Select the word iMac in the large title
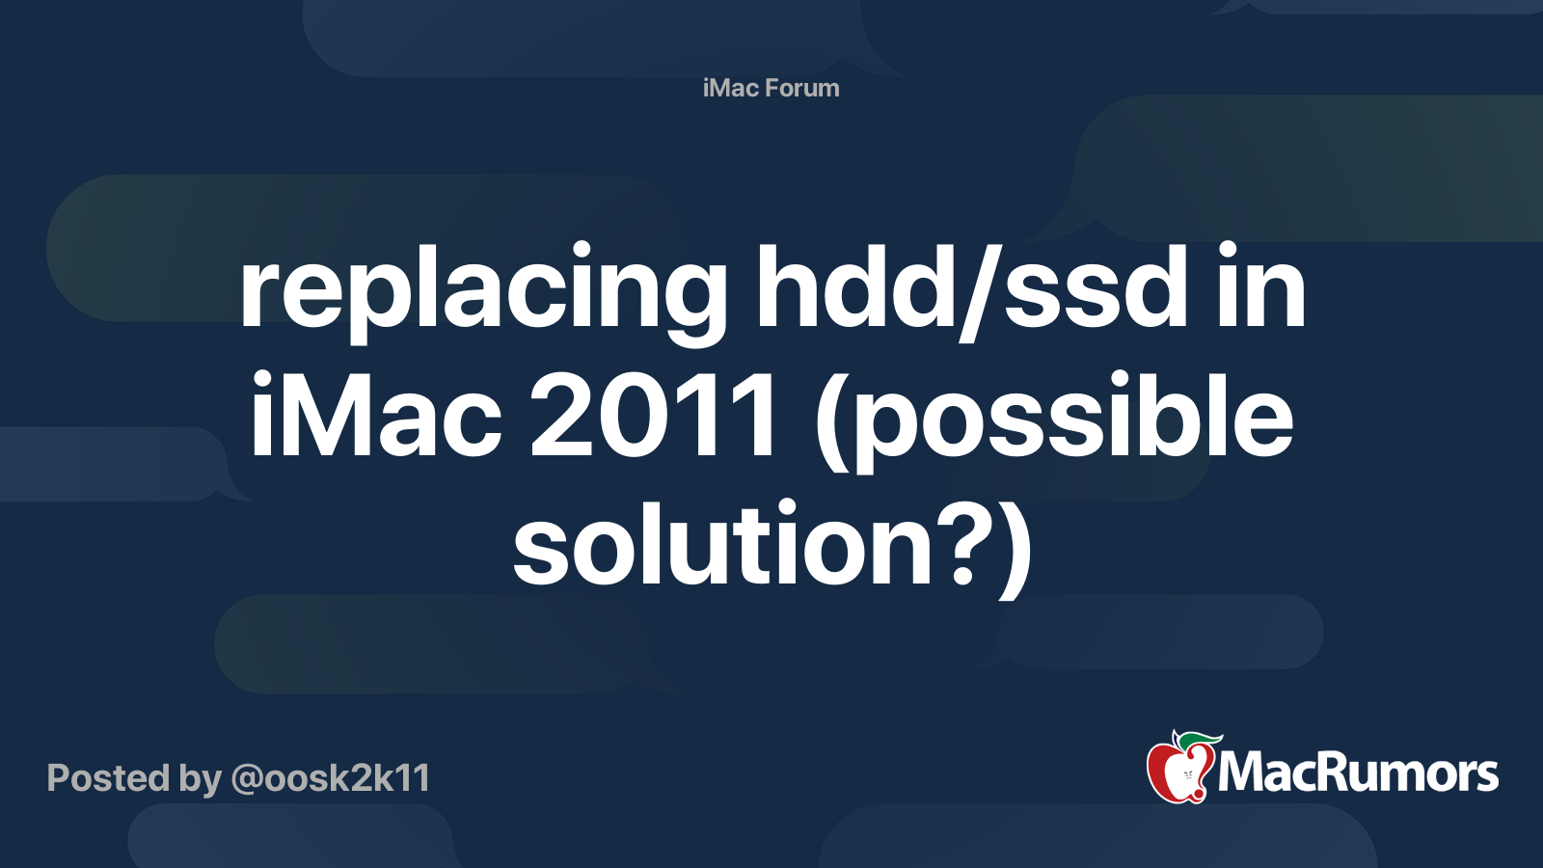coord(376,417)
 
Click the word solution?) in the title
coord(771,546)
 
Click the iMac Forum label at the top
coord(771,88)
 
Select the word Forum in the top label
coord(802,88)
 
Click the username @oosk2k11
coord(330,778)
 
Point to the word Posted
coord(109,778)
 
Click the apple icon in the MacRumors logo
coord(1178,770)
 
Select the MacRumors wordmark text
coord(1358,773)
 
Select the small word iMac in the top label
coord(731,88)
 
